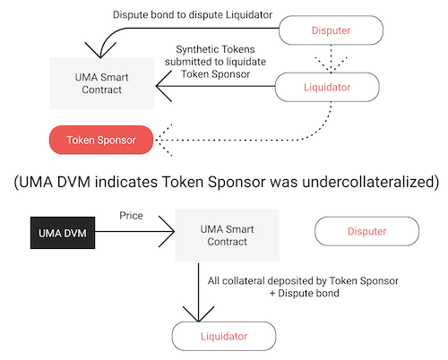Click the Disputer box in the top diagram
[331, 30]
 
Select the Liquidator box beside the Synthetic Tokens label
[327, 87]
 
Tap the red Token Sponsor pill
[101, 140]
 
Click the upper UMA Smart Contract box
[102, 83]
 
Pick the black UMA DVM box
[63, 233]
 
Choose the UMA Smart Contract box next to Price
[228, 236]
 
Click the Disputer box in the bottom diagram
[366, 231]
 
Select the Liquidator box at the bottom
[224, 336]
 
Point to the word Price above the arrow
[131, 216]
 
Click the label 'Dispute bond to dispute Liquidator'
[193, 14]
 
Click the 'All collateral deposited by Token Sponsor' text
[303, 281]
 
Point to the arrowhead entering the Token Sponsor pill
[164, 140]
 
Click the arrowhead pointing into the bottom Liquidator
[198, 313]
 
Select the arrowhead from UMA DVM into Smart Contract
[167, 231]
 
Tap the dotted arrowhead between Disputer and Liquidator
[331, 64]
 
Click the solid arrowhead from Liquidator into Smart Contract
[164, 86]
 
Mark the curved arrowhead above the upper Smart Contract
[100, 50]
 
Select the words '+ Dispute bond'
[305, 293]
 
